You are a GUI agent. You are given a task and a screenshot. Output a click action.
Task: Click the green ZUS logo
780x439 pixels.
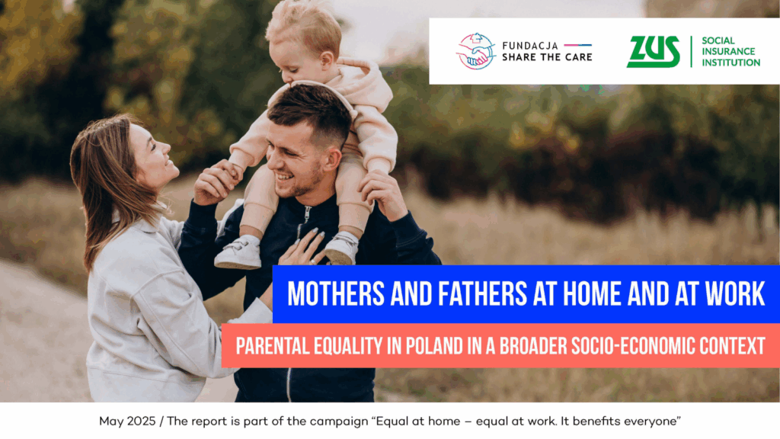(653, 51)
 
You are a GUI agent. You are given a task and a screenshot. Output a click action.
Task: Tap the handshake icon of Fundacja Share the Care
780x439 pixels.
(476, 51)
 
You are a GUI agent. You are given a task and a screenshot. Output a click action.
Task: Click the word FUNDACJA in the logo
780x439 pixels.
(530, 46)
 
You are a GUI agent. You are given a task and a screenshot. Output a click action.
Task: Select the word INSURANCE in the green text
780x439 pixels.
(728, 51)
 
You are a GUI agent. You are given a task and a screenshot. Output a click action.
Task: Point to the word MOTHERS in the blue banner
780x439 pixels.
(336, 293)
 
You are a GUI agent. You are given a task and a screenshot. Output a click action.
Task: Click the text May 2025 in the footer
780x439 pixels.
(127, 421)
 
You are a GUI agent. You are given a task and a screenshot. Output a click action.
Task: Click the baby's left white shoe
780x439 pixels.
(238, 253)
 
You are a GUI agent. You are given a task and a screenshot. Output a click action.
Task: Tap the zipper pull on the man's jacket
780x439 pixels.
(307, 215)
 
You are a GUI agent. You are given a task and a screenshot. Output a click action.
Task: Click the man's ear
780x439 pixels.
(333, 159)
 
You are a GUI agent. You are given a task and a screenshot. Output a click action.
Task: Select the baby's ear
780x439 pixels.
(326, 60)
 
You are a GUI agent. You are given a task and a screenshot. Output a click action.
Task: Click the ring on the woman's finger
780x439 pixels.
(312, 261)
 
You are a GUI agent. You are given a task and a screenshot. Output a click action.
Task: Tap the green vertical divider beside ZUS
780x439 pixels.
(691, 51)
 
